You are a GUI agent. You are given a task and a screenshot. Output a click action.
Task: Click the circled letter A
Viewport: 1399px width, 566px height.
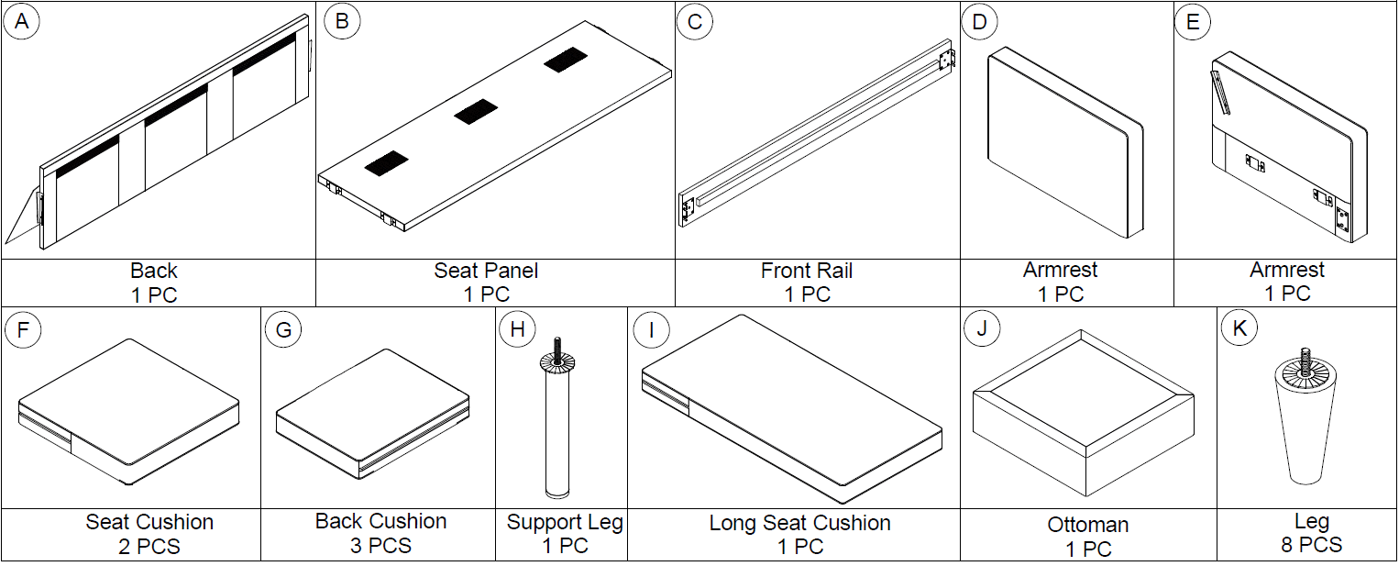pyautogui.click(x=21, y=22)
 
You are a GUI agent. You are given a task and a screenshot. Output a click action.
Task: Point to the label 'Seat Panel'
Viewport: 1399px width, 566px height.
pyautogui.click(x=486, y=271)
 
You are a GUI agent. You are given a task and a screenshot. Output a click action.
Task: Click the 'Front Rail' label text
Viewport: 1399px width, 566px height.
pyautogui.click(x=807, y=271)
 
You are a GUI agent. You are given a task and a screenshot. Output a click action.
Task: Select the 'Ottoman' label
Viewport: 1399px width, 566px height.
pyautogui.click(x=1087, y=526)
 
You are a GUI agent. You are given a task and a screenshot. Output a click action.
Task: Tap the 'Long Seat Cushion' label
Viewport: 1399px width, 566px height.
pyautogui.click(x=799, y=523)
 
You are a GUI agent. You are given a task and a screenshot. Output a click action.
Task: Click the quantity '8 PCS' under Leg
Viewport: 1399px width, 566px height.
pyautogui.click(x=1311, y=545)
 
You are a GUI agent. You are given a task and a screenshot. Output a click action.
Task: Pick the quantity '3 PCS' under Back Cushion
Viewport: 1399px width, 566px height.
pyautogui.click(x=380, y=546)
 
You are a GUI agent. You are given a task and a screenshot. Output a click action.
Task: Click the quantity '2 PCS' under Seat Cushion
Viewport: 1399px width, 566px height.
pyautogui.click(x=149, y=547)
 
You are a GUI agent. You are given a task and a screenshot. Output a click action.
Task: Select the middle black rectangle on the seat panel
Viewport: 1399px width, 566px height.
pyautogui.click(x=474, y=113)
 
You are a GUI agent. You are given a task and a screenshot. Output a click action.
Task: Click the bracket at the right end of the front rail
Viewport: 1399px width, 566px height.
pyautogui.click(x=947, y=59)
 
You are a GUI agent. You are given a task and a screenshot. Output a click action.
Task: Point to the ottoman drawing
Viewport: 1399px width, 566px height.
pyautogui.click(x=1082, y=413)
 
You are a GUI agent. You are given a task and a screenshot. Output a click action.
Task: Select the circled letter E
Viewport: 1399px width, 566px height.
pyautogui.click(x=1192, y=22)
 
